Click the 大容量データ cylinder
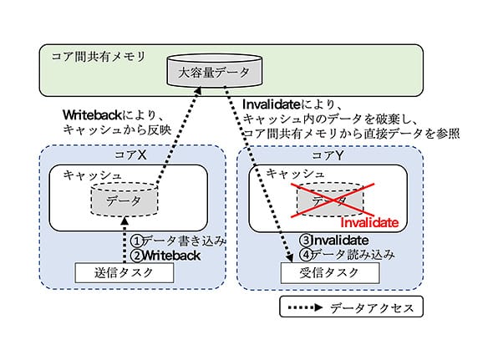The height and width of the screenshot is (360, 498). point(215,70)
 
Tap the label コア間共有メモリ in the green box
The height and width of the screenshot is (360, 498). point(99,57)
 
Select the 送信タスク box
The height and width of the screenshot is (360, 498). point(124,272)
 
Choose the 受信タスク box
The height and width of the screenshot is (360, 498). point(330,272)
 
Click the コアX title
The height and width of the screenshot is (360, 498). point(130,155)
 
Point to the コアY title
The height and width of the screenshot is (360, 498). point(328,155)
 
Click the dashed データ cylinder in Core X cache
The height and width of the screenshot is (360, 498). point(124,199)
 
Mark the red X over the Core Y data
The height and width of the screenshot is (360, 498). point(333,200)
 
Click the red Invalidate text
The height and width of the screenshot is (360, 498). point(369,222)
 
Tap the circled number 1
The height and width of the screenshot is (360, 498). point(137,241)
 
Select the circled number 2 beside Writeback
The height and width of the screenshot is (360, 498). point(137,256)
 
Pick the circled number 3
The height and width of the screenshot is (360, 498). point(306,241)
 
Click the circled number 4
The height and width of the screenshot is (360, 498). point(306,255)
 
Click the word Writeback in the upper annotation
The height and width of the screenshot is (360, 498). point(93,115)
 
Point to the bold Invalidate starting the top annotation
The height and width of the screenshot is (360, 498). point(272,104)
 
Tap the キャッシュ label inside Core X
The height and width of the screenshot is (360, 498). point(92,175)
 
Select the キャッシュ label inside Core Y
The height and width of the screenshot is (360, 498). point(295,174)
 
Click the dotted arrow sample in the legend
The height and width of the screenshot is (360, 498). point(305,307)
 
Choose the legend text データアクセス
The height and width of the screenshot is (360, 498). point(372,308)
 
